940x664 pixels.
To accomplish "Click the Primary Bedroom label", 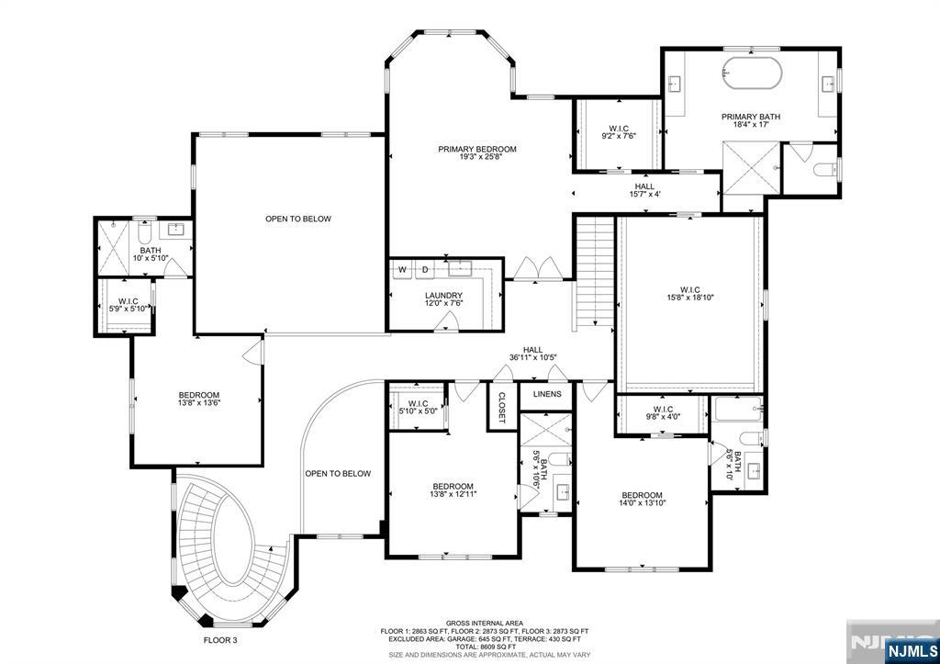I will point(476,153).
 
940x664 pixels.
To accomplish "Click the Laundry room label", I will point(443,299).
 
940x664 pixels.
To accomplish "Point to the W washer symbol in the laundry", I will point(402,269).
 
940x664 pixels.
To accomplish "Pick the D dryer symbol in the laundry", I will point(425,269).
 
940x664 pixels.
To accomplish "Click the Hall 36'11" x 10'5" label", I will point(532,354).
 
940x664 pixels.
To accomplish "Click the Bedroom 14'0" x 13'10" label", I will point(641,501).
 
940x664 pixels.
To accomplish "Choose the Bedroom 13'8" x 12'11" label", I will point(453,490).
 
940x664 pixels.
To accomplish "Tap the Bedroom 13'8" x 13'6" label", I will point(199,400).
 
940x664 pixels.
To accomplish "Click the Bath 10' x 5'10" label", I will point(150,254).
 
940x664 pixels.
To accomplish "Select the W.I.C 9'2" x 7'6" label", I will point(618,132).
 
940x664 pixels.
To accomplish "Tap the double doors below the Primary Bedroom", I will point(538,269).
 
